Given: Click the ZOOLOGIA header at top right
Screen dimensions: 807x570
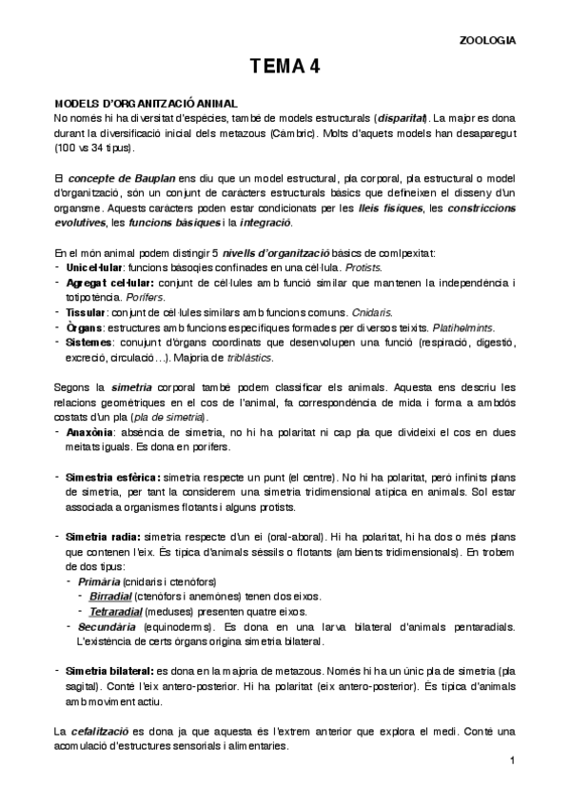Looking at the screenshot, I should (488, 41).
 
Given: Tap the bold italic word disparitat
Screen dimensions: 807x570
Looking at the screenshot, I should (403, 118).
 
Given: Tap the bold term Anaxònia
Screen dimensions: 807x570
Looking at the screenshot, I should (90, 431).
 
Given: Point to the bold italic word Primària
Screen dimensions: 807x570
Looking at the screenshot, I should (99, 581).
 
